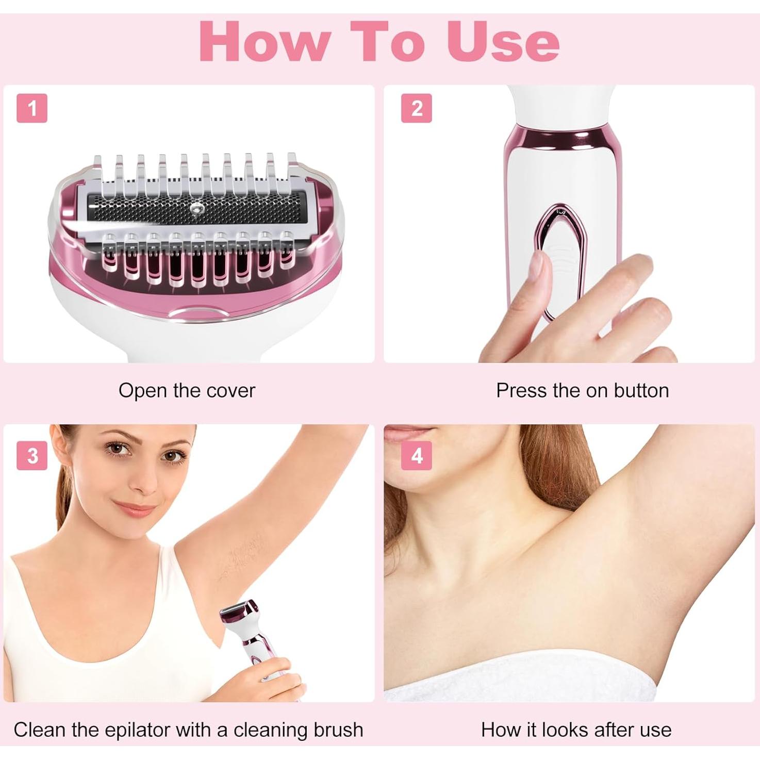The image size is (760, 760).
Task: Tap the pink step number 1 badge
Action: pos(32,108)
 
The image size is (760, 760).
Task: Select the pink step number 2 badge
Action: pos(416,108)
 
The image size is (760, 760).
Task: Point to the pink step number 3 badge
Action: pos(32,456)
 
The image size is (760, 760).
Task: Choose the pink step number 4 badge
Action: pos(416,456)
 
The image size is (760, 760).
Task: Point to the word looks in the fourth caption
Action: pos(565,730)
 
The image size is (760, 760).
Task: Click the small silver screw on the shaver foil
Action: pos(196,209)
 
